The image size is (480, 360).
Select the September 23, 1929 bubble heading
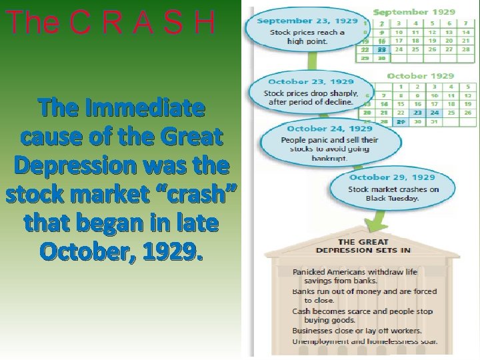coord(307,21)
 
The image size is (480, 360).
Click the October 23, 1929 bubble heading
coord(311,82)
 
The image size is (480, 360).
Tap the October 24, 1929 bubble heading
coord(329,128)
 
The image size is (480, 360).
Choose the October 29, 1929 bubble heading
coord(392,177)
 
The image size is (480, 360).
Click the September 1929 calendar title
coord(414,12)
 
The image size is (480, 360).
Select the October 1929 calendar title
coord(420,76)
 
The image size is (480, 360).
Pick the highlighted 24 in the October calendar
coord(435,113)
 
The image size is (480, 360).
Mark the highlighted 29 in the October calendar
coord(401,122)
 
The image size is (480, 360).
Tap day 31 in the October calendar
coord(435,122)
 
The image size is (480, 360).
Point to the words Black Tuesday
coord(392,198)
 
